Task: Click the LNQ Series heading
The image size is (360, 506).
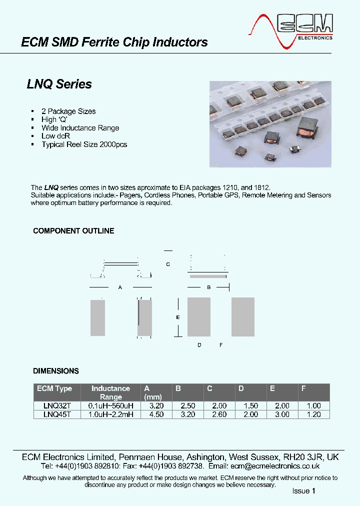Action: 59,84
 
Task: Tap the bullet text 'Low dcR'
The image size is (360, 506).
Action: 55,136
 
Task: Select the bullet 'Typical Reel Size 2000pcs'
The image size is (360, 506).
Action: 84,144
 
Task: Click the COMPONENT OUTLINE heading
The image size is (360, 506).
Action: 73,231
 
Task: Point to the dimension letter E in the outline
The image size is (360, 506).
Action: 177,317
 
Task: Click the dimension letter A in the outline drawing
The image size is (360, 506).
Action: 119,287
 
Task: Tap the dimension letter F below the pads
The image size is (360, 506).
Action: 220,345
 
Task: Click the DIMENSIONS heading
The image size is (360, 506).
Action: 55,371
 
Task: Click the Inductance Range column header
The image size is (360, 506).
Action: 110,392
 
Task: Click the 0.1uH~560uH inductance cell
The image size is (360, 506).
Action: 110,406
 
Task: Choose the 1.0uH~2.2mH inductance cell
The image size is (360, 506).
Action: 110,414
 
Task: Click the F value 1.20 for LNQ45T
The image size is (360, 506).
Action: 313,414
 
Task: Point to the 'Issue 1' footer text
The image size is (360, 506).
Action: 304,491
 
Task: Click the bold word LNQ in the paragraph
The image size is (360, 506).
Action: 51,187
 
